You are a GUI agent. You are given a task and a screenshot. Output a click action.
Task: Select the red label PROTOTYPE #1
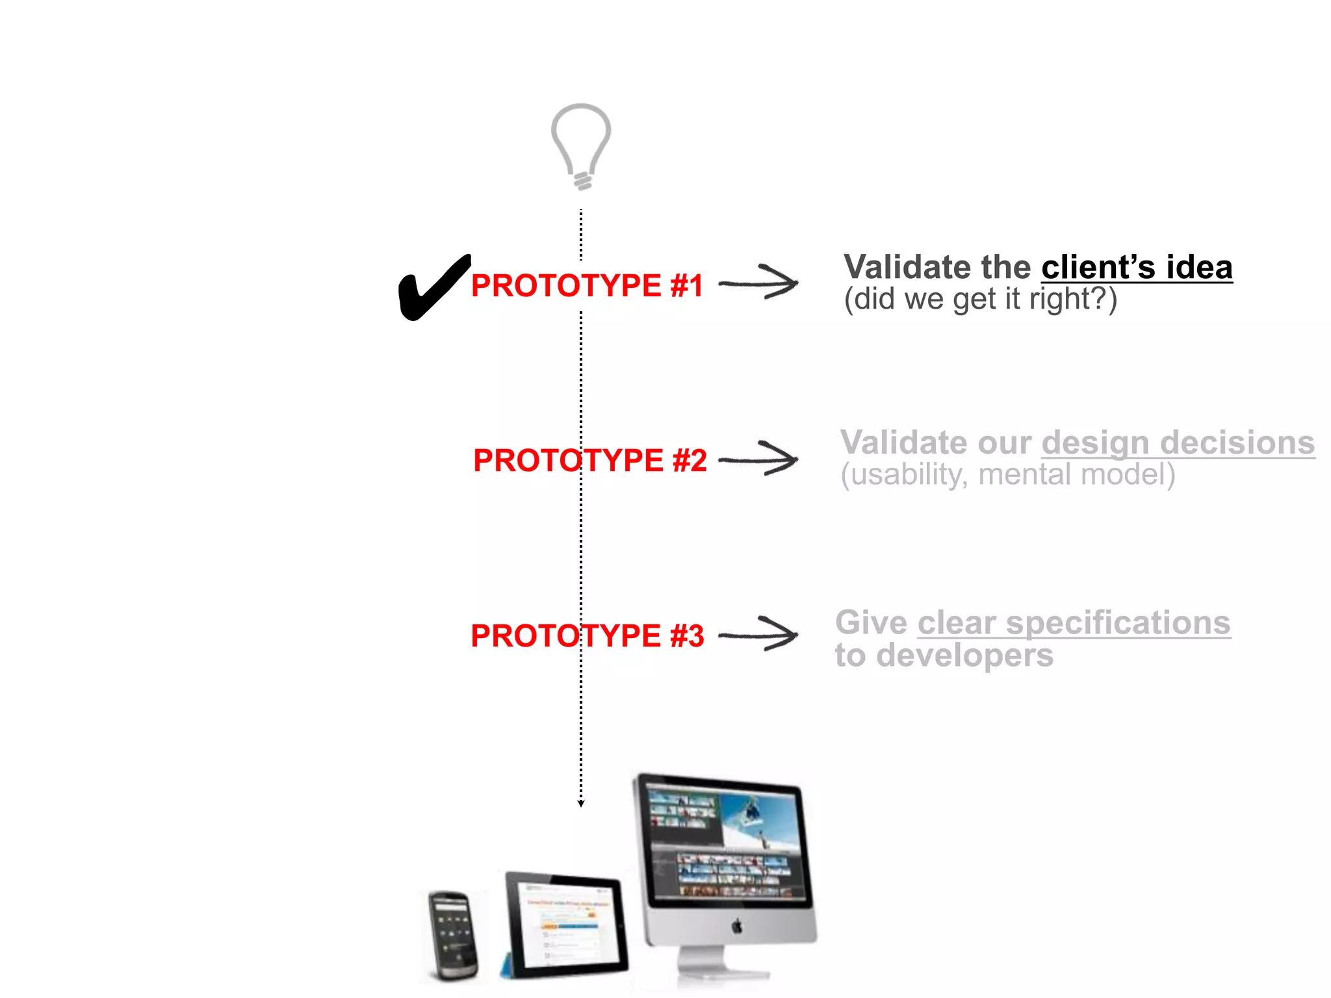coord(587,286)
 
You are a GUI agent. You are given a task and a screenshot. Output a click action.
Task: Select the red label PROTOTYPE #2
coord(589,461)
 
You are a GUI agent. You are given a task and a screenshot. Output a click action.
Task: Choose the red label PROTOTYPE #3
coord(587,635)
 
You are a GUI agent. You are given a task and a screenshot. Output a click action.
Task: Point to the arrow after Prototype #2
coord(759,459)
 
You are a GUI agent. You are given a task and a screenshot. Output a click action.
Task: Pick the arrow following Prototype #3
coord(759,634)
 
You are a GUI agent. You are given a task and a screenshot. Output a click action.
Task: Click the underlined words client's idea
coord(1137,268)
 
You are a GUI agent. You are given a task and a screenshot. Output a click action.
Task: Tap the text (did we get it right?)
coord(980,300)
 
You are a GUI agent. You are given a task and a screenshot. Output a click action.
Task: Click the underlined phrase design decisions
coord(1178,443)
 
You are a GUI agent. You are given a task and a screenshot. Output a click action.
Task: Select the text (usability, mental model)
coord(1007,475)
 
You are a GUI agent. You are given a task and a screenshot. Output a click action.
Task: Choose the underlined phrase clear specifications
coord(1074,623)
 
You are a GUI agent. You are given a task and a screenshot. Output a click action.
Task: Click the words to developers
coord(944,655)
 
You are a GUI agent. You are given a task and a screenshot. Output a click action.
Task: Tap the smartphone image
coord(453,936)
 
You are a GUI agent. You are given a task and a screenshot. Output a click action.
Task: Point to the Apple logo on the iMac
coord(736,926)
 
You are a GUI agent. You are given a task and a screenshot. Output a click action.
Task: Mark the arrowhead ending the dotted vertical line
coord(581,804)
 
